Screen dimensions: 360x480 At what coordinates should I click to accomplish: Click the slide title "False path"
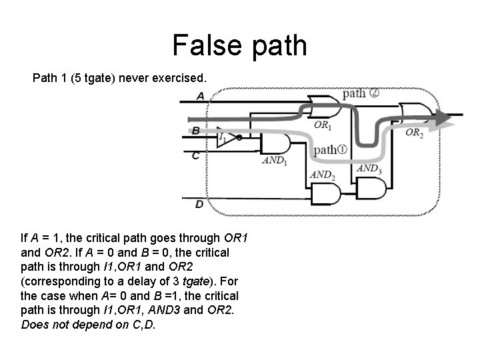pyautogui.click(x=239, y=45)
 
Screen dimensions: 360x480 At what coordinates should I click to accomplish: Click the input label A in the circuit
pyautogui.click(x=201, y=96)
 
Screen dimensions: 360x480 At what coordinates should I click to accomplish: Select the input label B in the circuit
pyautogui.click(x=196, y=131)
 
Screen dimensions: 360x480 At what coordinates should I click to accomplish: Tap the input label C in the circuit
pyautogui.click(x=195, y=155)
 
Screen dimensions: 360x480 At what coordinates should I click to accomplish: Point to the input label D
pyautogui.click(x=199, y=204)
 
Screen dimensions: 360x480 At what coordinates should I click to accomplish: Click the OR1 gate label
pyautogui.click(x=323, y=125)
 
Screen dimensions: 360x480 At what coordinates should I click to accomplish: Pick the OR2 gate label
pyautogui.click(x=414, y=133)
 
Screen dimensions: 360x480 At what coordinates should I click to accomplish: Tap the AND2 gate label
pyautogui.click(x=322, y=175)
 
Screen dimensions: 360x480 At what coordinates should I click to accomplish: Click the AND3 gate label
pyautogui.click(x=369, y=168)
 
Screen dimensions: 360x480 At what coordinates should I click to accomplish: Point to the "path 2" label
pyautogui.click(x=361, y=93)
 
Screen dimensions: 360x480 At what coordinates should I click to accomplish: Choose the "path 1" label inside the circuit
pyautogui.click(x=330, y=149)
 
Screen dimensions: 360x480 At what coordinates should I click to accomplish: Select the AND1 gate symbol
pyautogui.click(x=275, y=145)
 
